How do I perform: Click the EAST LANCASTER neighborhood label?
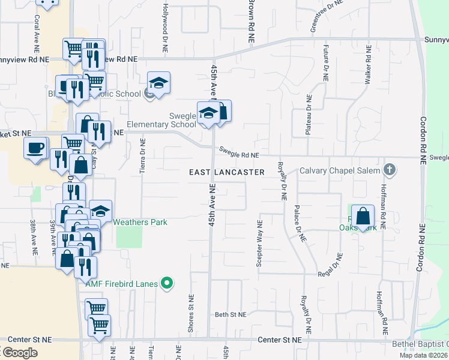(x=227, y=172)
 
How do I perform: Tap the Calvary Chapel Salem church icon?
(x=390, y=169)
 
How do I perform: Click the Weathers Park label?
(x=140, y=222)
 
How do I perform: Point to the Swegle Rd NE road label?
(x=239, y=155)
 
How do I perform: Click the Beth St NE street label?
(x=231, y=314)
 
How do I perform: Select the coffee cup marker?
(x=35, y=148)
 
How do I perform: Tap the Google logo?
(x=19, y=353)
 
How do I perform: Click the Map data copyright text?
(x=423, y=355)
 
